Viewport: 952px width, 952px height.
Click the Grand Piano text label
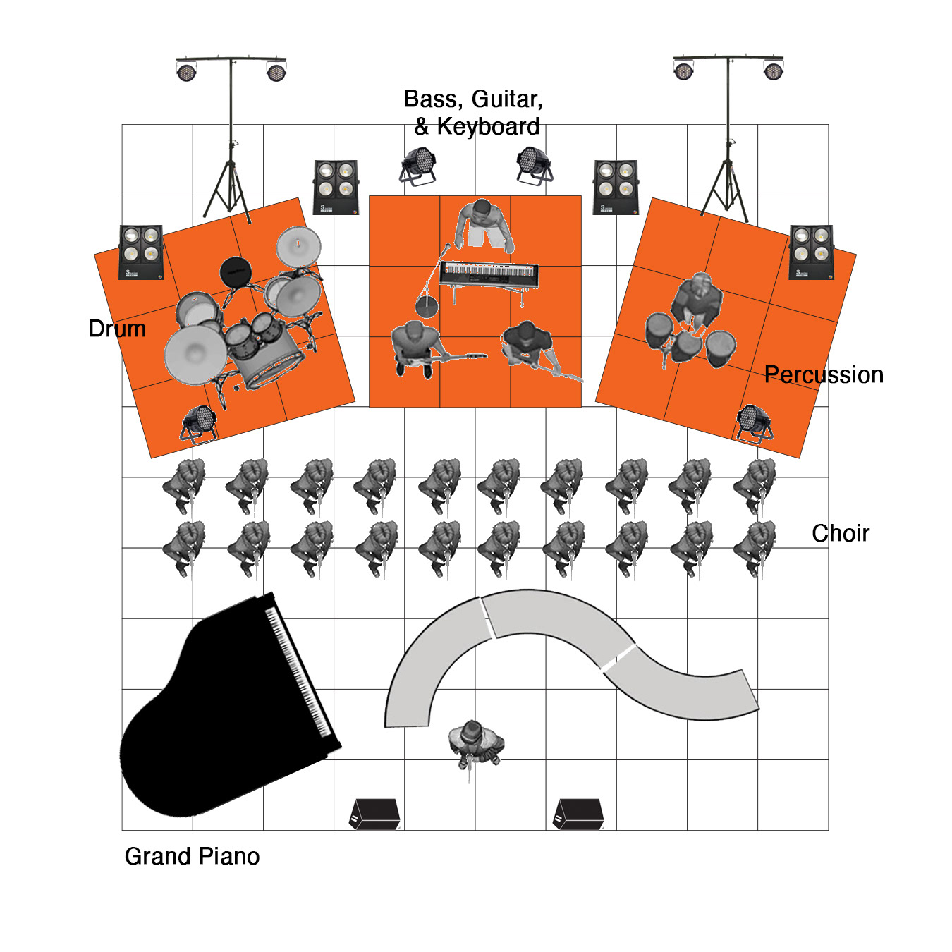[x=192, y=857]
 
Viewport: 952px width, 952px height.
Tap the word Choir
[x=841, y=533]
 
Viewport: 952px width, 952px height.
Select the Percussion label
[x=824, y=374]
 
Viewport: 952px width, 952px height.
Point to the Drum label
[x=118, y=329]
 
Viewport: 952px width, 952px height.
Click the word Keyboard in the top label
[x=488, y=126]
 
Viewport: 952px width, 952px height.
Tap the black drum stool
[x=236, y=271]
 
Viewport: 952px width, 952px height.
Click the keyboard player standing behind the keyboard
[x=484, y=226]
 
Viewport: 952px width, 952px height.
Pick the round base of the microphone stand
[x=427, y=306]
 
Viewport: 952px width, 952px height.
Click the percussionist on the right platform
[x=697, y=300]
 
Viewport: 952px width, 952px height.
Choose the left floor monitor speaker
[x=374, y=814]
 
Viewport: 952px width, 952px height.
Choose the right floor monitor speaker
[x=578, y=814]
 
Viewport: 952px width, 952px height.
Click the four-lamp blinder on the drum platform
[x=141, y=252]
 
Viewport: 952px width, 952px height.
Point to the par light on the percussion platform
[x=755, y=424]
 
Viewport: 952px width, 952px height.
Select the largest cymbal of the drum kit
[x=195, y=354]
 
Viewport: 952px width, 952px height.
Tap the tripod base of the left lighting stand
[x=227, y=190]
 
